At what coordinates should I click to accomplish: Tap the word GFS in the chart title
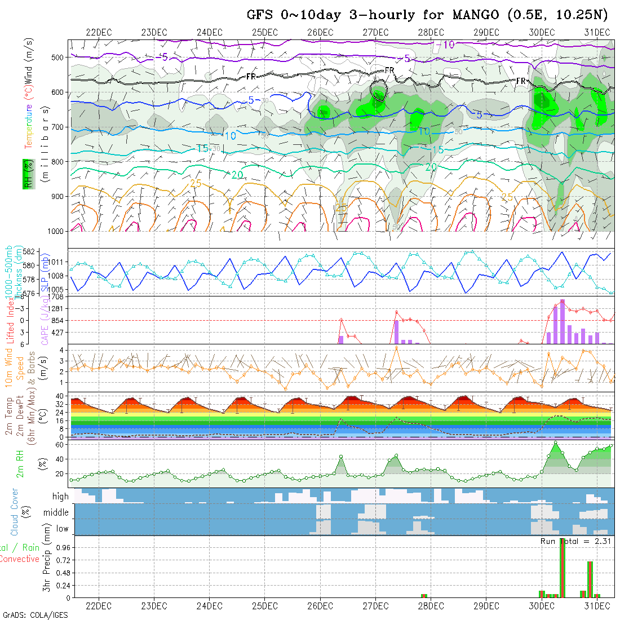coord(260,15)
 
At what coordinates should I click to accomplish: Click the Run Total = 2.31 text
coord(577,541)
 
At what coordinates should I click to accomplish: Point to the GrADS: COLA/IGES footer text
coord(35,614)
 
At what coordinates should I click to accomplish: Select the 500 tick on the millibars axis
coord(57,57)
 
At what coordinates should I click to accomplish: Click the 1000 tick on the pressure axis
coord(55,231)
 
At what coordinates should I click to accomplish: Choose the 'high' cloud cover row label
coord(60,497)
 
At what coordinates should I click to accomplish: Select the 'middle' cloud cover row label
coord(56,513)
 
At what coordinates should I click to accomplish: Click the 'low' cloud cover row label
coord(63,529)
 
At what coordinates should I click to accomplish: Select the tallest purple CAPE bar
coord(562,321)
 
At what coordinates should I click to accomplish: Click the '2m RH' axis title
coord(20,463)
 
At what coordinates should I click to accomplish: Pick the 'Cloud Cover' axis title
coord(15,512)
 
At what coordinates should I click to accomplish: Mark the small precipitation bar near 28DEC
coord(424,595)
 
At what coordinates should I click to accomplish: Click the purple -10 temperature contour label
coord(449,45)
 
